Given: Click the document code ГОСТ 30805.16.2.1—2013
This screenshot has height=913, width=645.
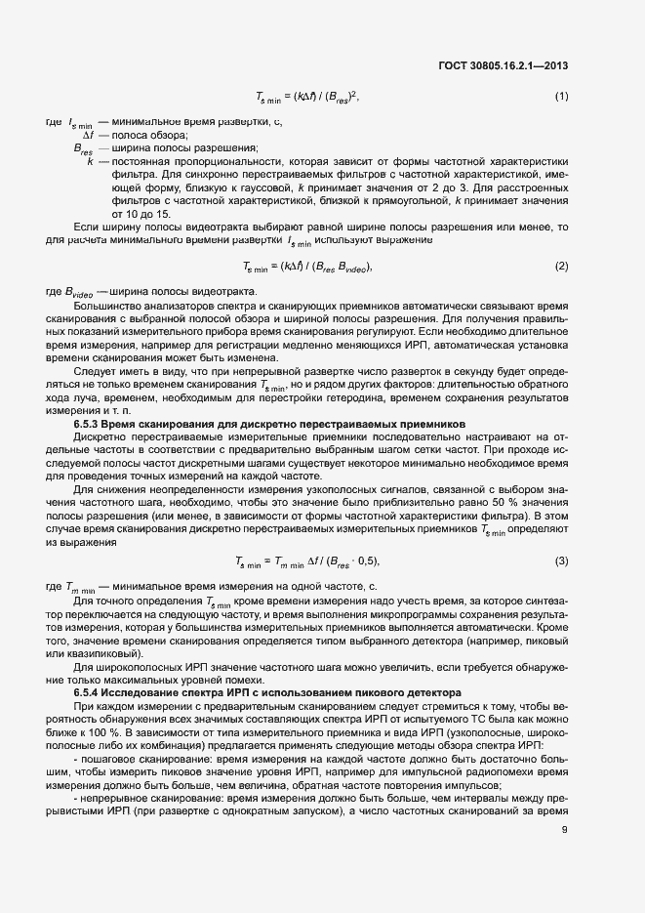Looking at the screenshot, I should (x=504, y=65).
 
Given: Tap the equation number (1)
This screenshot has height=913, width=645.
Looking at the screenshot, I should (x=561, y=96).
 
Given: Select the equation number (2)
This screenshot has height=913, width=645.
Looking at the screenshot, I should (x=561, y=266).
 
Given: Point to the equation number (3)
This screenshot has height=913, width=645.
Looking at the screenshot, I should (x=561, y=560).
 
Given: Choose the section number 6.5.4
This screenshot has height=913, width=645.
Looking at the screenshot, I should (x=90, y=692).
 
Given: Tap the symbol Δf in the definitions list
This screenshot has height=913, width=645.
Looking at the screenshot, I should (x=86, y=135).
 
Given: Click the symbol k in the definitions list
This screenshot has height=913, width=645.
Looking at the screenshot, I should (x=90, y=160).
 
